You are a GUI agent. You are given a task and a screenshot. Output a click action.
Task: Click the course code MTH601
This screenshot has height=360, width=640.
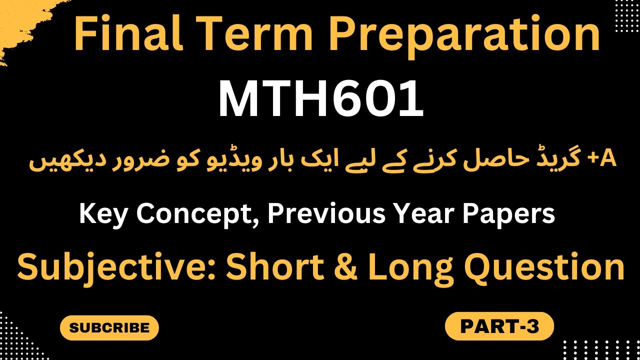[321, 100]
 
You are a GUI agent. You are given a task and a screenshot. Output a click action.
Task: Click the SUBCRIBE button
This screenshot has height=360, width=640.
[109, 328]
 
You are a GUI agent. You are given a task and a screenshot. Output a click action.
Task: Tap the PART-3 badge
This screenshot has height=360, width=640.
[499, 326]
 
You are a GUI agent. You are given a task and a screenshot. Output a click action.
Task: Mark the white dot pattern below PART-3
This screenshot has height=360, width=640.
[600, 350]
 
